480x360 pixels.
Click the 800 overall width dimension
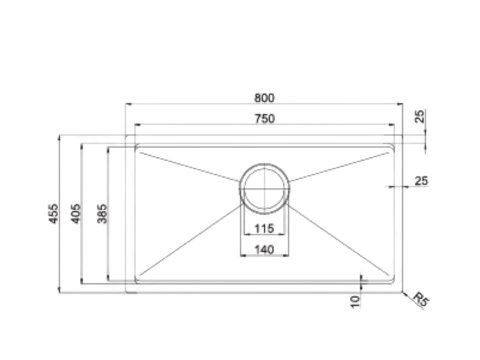point(264,98)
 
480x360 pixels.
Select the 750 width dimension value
point(264,118)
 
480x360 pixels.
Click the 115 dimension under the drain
point(264,229)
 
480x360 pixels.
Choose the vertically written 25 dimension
point(420,117)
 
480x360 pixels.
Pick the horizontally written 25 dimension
point(420,180)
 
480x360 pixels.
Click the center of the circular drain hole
point(264,187)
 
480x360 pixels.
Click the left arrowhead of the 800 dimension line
point(128,105)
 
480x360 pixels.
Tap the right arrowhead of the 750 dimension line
point(395,125)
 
